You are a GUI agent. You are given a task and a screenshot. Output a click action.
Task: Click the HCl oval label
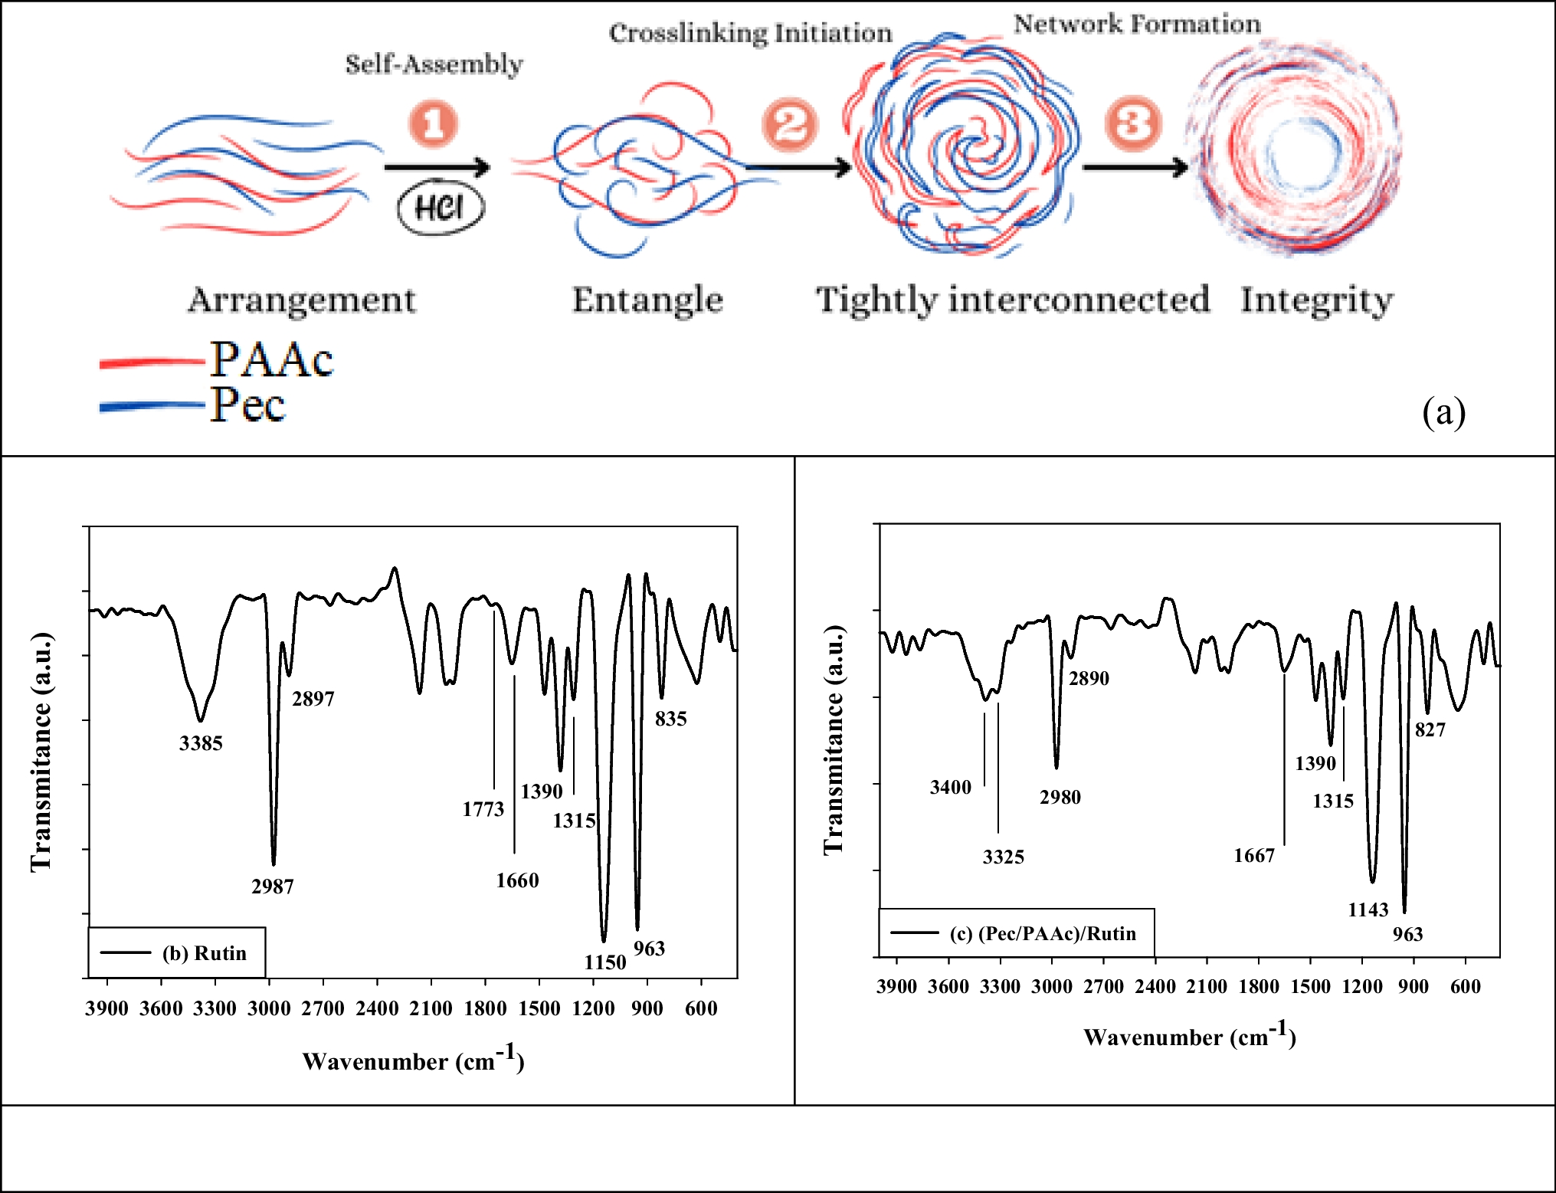coord(441,208)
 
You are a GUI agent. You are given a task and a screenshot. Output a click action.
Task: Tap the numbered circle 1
coord(433,123)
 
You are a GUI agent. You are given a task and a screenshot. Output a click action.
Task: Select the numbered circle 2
coord(789,124)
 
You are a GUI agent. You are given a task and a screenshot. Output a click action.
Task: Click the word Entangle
coord(647,300)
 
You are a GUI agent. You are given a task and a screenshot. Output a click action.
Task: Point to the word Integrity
coord(1316,300)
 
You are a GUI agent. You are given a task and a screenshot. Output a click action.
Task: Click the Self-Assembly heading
coord(434,64)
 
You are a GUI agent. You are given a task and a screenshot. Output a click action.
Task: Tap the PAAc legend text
coord(272,359)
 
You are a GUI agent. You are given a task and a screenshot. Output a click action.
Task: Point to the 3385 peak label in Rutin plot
coord(201,743)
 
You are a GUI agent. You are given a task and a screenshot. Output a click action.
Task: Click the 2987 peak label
coord(272,887)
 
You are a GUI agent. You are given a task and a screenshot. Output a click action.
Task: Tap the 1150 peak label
coord(604,962)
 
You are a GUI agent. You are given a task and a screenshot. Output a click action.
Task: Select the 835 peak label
coord(670,719)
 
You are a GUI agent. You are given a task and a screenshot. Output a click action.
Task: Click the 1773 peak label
coord(483,809)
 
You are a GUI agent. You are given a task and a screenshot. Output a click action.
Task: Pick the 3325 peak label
coord(1003,857)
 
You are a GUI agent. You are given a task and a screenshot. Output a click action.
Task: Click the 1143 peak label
coord(1368,909)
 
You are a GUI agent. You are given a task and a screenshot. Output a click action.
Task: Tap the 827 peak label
coord(1430,729)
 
